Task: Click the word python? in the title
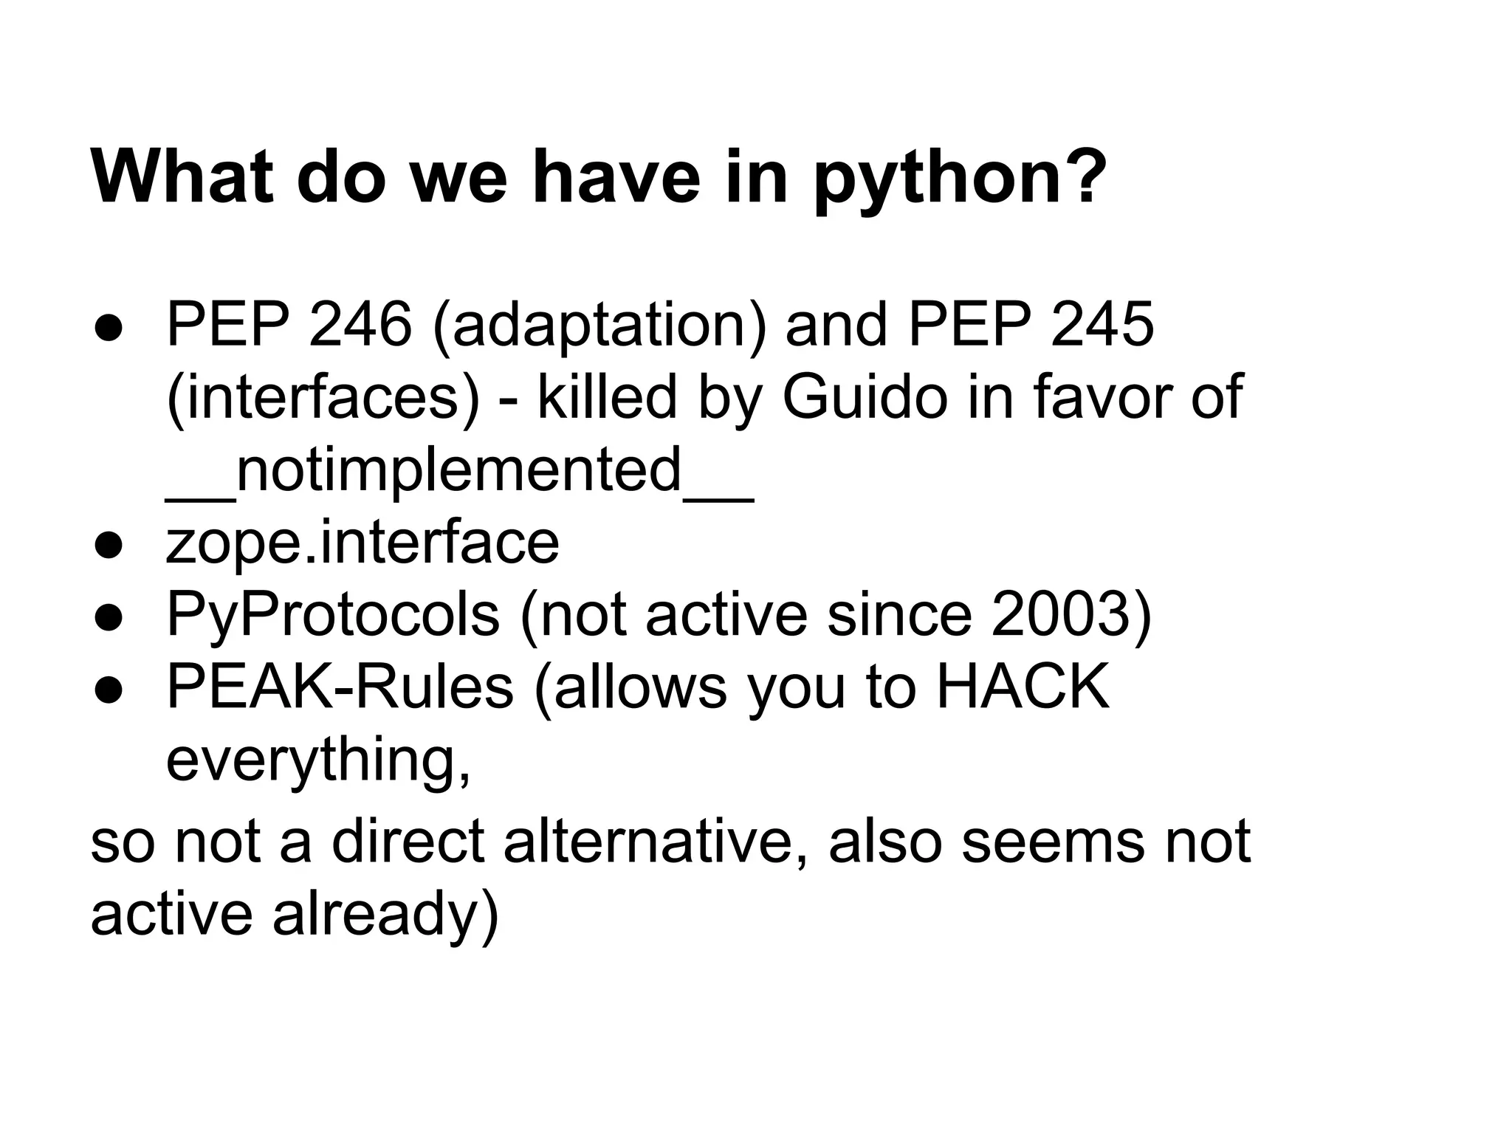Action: [960, 179]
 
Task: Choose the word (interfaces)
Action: [323, 398]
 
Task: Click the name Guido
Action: [864, 396]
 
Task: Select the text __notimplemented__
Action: [459, 470]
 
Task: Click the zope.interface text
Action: [362, 543]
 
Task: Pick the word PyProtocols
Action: [333, 615]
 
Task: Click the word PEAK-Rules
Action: [340, 687]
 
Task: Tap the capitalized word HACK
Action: [1023, 687]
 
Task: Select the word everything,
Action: [318, 760]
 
